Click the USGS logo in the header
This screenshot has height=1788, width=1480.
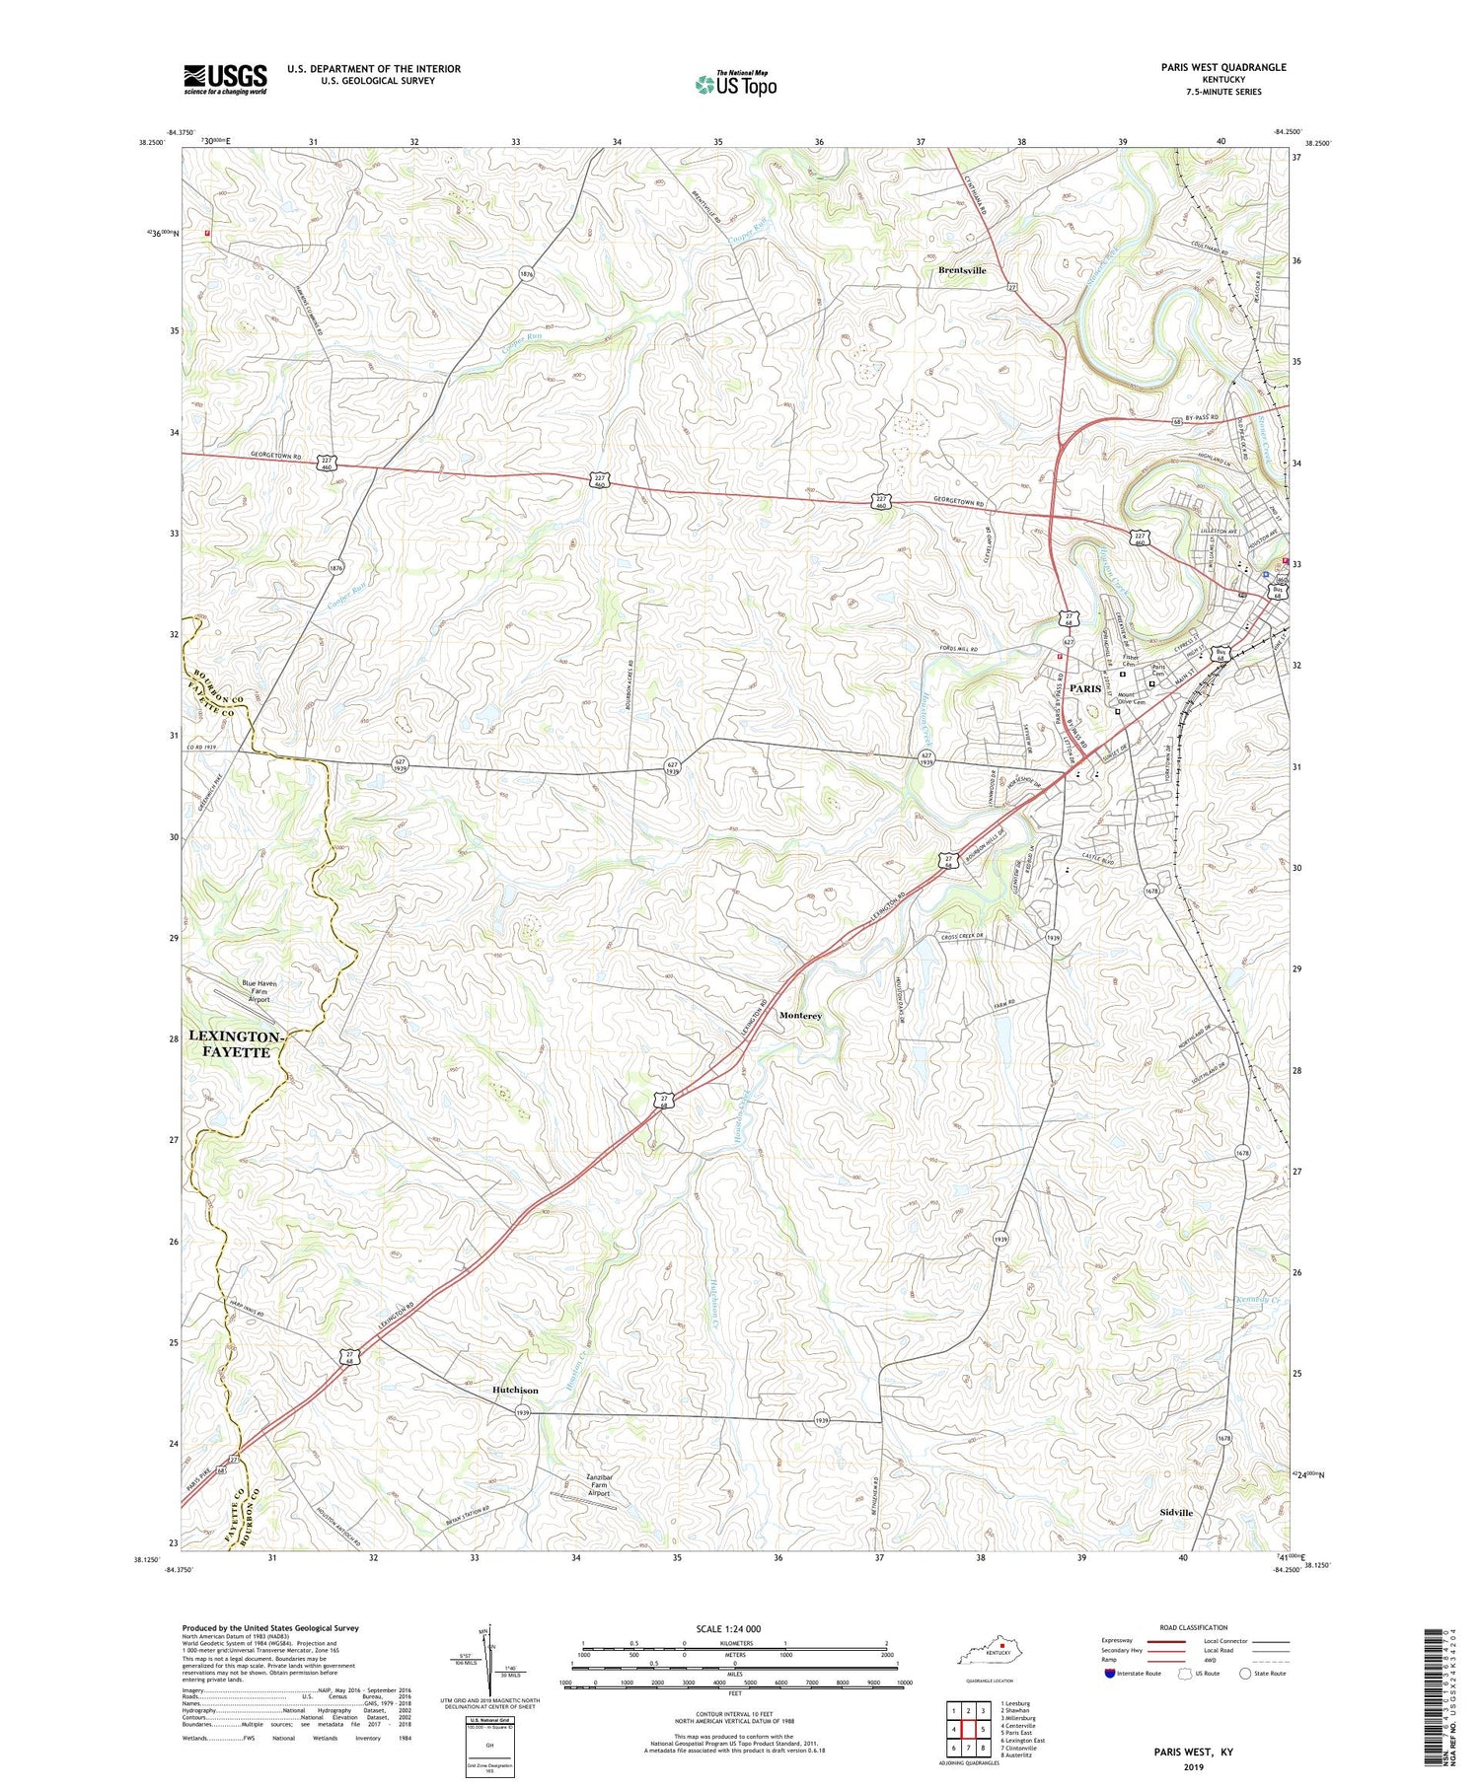tap(225, 79)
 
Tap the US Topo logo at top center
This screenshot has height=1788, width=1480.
tap(735, 84)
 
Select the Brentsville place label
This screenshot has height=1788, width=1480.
tap(962, 270)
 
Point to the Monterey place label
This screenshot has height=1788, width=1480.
tap(800, 1015)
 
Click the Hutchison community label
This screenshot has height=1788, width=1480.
tap(515, 1390)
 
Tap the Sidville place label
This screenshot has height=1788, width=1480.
tap(1176, 1512)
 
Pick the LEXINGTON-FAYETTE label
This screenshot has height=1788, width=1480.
tap(237, 1044)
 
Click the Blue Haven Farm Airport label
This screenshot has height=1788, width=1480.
tap(244, 991)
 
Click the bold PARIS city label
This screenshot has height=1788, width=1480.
tap(1084, 687)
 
